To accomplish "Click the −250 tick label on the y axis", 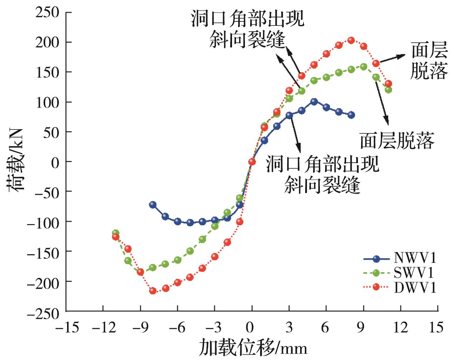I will tap(43, 312).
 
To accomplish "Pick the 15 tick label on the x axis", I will tap(435, 327).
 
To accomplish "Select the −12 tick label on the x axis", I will tap(103, 327).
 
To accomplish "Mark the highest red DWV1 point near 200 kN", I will tap(351, 40).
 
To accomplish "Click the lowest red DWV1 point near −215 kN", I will tap(153, 290).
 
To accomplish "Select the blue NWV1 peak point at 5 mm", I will tap(314, 102).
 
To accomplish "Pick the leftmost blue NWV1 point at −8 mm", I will tap(153, 205).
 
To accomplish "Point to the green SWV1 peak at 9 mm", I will tap(364, 67).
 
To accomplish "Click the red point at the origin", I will tap(252, 162).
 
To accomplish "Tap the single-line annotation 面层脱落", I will tap(397, 140).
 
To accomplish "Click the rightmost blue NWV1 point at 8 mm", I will tap(351, 115).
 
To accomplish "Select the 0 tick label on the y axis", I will tap(55, 162).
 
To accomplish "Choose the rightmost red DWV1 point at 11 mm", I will tap(388, 84).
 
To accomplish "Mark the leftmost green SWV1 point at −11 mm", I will tap(115, 233).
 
